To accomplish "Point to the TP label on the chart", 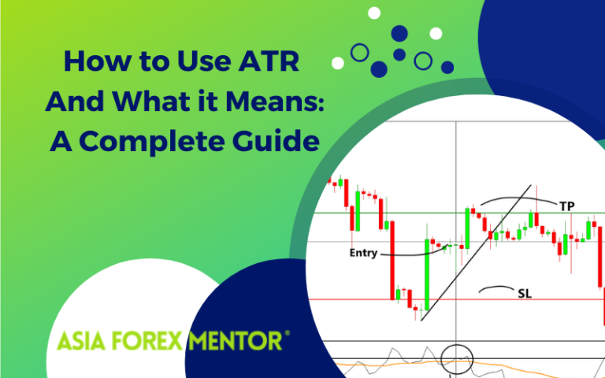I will pos(566,206).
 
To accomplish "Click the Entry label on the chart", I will pos(362,254).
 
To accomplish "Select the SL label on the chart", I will pos(524,294).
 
